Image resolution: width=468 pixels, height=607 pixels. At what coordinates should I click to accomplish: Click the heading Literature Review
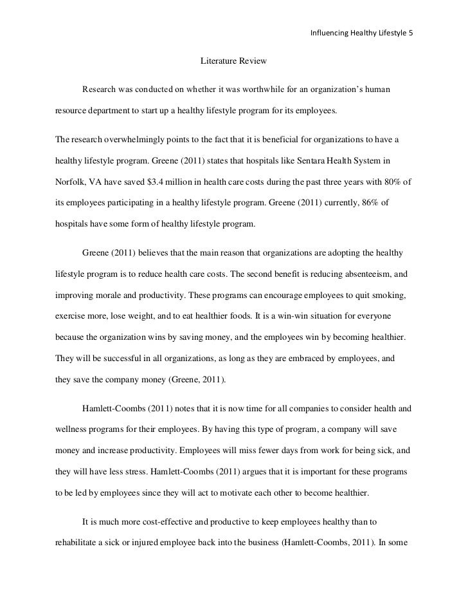pyautogui.click(x=233, y=62)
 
